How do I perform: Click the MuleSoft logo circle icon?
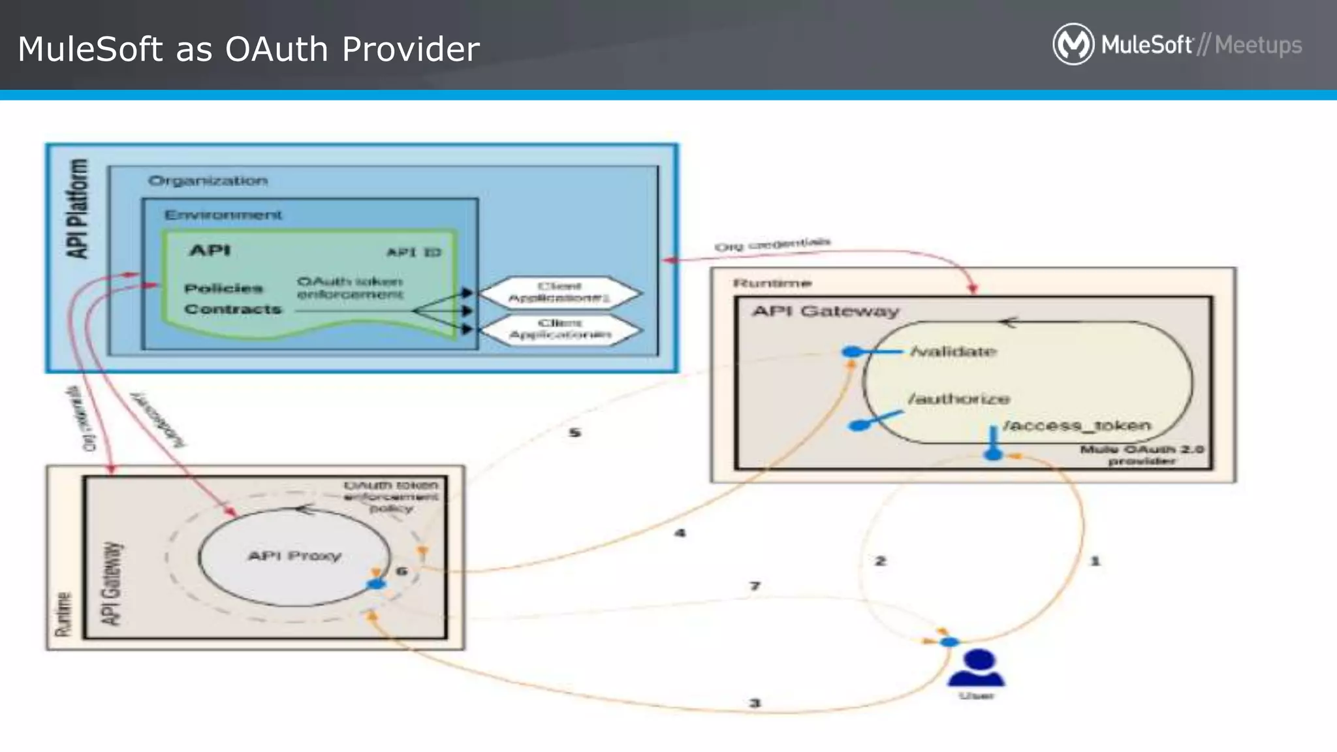point(1073,44)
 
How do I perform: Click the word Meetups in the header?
point(1258,45)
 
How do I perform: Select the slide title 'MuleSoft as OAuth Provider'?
point(249,49)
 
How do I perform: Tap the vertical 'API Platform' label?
point(78,209)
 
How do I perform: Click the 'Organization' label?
point(208,181)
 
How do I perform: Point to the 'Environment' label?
point(223,215)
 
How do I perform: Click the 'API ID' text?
point(414,252)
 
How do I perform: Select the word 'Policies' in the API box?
point(223,288)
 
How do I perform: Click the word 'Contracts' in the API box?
point(232,309)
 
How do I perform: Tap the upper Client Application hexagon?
point(559,292)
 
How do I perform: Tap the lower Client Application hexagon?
point(559,329)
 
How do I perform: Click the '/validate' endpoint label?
point(953,352)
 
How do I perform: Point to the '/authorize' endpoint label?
point(958,398)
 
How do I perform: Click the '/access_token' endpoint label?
point(1077,426)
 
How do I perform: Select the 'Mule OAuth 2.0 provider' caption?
point(1141,455)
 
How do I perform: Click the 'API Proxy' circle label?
point(294,556)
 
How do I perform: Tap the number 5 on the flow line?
point(574,433)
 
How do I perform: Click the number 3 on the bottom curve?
point(755,703)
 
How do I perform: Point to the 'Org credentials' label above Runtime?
point(772,244)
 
